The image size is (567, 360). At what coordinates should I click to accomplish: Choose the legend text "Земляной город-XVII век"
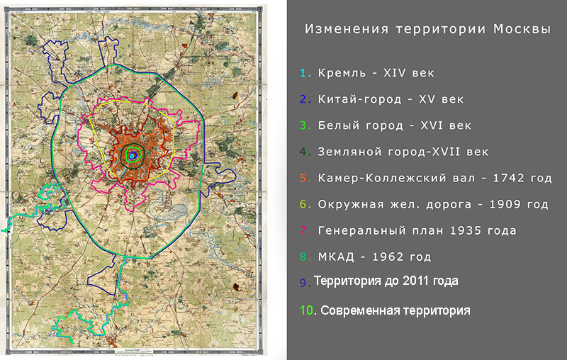click(403, 152)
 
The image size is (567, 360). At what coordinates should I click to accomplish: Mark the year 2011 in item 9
click(412, 281)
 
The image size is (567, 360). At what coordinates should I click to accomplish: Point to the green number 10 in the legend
click(305, 310)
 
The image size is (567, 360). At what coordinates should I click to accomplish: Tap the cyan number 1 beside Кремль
click(302, 73)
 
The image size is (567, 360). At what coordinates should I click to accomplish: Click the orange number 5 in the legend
click(303, 178)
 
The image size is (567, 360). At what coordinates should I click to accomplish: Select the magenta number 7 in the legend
click(303, 230)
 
